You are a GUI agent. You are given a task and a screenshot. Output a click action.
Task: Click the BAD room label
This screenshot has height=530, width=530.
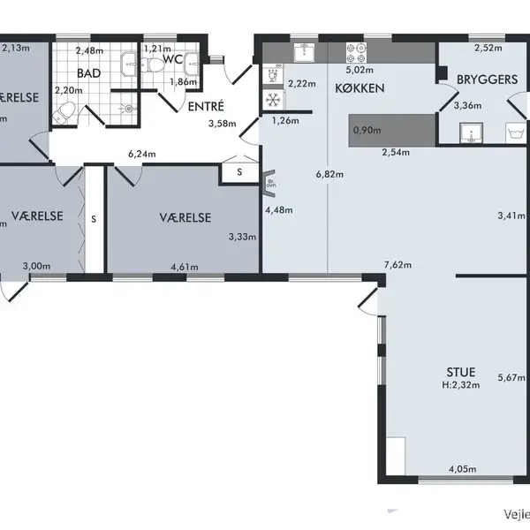point(88,73)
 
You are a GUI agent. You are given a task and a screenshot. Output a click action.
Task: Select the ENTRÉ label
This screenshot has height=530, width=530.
point(206,106)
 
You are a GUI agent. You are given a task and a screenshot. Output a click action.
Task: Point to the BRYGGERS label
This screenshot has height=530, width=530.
point(487,80)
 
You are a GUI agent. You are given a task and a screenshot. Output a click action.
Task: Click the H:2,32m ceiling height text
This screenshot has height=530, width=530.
point(458,385)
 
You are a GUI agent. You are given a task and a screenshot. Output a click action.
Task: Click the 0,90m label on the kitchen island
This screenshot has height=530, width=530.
point(367,131)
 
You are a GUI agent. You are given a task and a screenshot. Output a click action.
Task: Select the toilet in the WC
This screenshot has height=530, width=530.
point(155,64)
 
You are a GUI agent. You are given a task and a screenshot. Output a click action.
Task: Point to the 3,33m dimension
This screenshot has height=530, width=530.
point(242,237)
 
